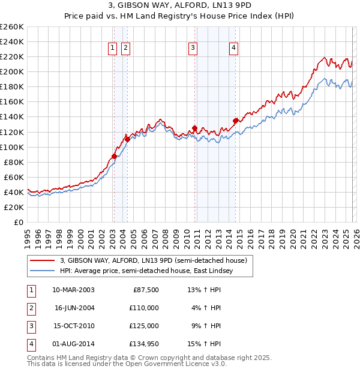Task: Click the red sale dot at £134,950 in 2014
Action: click(235, 121)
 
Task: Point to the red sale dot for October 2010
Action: click(195, 128)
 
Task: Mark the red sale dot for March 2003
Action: click(114, 156)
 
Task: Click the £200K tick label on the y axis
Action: click(12, 72)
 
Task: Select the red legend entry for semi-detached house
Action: click(154, 260)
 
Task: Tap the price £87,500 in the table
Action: click(145, 290)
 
